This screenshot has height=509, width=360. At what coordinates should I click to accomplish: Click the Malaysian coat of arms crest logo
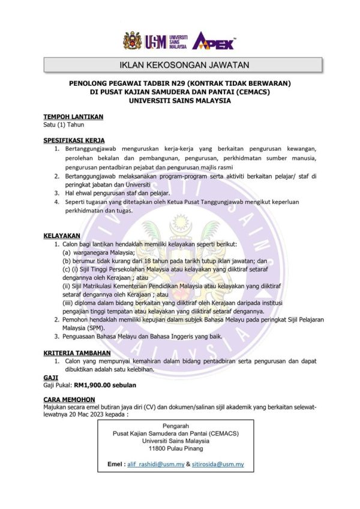click(x=132, y=41)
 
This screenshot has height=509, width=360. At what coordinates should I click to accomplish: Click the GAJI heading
click(x=51, y=376)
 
